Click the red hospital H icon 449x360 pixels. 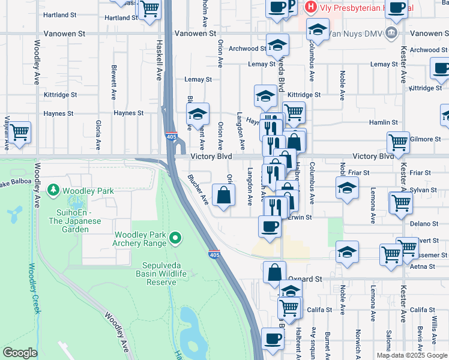tap(310, 7)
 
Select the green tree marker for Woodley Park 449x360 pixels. tap(54, 191)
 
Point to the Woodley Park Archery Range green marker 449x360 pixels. tap(175, 238)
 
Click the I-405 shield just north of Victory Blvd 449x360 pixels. tap(171, 137)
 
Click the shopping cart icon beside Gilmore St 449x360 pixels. tap(398, 142)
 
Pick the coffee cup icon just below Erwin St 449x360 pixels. tap(270, 227)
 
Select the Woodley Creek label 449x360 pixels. tap(32, 288)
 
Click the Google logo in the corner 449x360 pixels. tap(20, 353)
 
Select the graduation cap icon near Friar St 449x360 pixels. tap(347, 187)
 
